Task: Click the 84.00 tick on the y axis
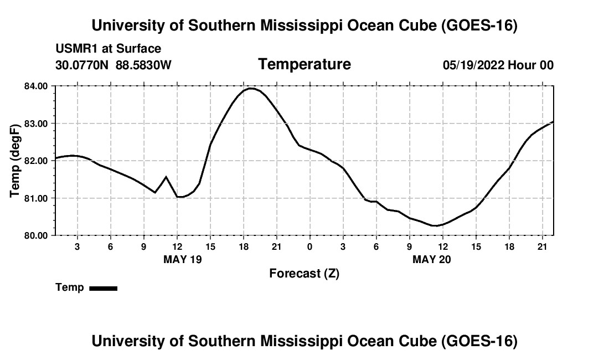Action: coord(36,86)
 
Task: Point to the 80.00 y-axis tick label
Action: coord(36,235)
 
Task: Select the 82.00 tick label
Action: coord(36,161)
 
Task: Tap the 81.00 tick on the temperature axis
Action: coord(36,198)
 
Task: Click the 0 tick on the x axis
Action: coord(309,247)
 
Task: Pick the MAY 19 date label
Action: coord(183,259)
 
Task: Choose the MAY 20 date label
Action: coord(432,259)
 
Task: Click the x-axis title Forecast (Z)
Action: coord(304,274)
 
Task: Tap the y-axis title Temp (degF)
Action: coord(15,161)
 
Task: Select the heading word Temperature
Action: coord(304,64)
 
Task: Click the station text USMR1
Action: coord(76,49)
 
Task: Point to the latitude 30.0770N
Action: coord(82,65)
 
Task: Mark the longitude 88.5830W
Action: coord(143,65)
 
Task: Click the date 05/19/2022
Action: coord(473,65)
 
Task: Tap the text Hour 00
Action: coord(530,65)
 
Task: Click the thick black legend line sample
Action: coord(104,288)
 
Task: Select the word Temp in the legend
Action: coord(70,287)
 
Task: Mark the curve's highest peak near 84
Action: coord(251,89)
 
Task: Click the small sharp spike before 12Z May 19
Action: coord(166,177)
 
